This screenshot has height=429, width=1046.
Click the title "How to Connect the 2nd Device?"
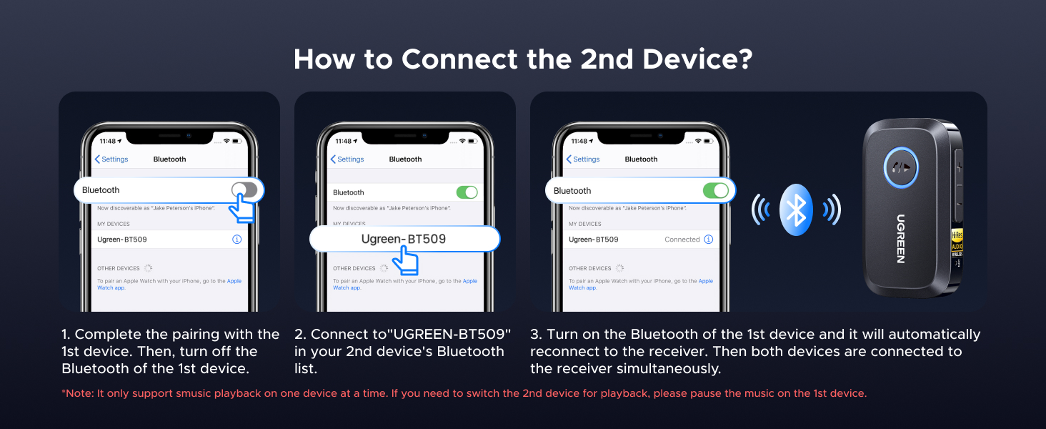523,59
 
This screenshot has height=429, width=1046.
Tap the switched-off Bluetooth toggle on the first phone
244,190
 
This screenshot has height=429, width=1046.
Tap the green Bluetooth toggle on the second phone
467,192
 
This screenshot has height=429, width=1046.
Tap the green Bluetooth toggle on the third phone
715,190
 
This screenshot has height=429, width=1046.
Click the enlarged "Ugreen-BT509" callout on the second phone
404,239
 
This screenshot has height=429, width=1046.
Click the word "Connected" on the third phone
682,240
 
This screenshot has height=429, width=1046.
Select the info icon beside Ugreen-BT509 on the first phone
237,240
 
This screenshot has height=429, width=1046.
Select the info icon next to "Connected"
708,240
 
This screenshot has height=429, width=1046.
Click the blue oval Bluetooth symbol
796,209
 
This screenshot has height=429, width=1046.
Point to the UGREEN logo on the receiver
901,238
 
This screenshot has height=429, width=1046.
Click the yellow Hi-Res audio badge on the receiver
956,243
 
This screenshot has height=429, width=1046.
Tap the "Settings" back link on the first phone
111,159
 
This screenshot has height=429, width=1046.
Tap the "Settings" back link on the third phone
583,159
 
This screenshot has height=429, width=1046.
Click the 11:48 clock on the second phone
343,141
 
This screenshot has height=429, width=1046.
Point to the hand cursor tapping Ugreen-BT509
408,260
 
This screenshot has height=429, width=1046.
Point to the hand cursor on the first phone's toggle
243,208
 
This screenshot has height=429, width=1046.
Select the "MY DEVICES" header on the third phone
584,224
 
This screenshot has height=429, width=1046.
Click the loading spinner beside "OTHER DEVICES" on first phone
148,268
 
